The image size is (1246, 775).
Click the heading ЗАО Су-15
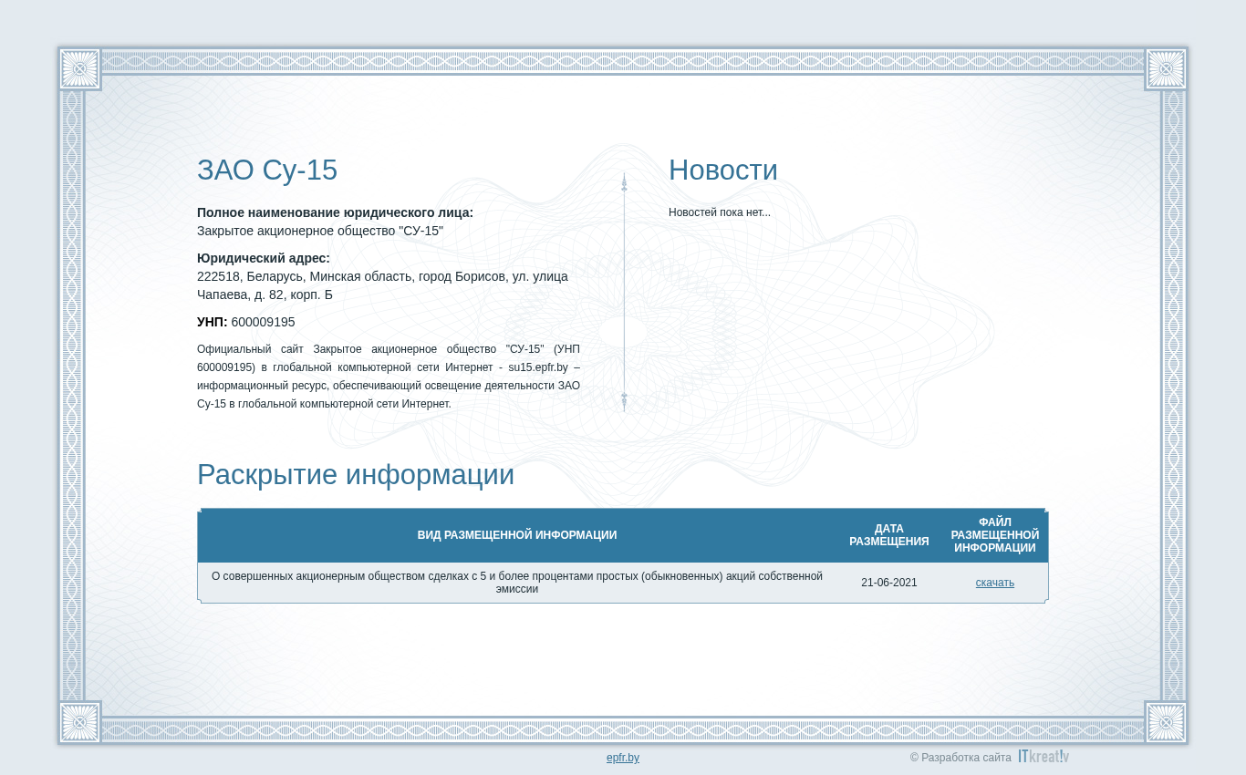pos(267,170)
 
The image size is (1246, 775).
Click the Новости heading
pos(722,170)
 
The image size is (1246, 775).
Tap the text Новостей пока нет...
pos(719,212)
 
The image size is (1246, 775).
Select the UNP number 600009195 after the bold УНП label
pos(263,323)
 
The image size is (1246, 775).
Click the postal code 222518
pos(218,277)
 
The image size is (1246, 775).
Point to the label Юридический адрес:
pos(263,259)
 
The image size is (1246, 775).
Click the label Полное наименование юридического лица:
pos(335,213)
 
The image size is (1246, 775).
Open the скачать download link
pos(994,583)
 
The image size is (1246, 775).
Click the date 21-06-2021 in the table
pos(888,583)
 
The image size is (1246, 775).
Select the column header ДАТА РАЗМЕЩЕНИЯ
pos(888,535)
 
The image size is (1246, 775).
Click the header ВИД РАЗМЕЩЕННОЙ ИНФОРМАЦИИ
pos(517,535)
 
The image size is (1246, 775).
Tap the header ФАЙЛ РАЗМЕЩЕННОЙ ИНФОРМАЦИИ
pos(994,535)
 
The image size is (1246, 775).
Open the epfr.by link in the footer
pos(622,758)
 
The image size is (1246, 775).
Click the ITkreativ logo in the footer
pos(1044,757)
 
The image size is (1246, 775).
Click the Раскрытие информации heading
pos(356,475)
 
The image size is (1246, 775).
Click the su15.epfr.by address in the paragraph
pos(538,367)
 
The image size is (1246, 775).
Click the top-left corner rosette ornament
pos(80,69)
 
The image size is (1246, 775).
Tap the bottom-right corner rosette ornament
pos(1166,722)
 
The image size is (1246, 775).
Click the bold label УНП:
pos(212,323)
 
